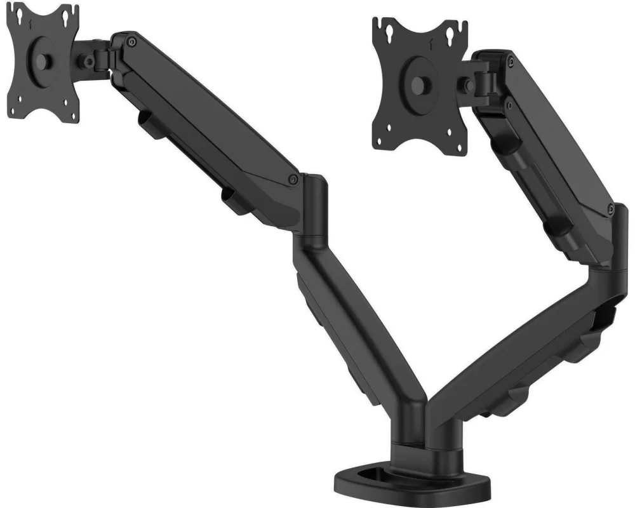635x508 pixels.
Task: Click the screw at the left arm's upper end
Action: click(x=131, y=42)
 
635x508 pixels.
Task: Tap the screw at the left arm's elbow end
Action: click(x=293, y=180)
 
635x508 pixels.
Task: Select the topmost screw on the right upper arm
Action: click(x=510, y=61)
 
